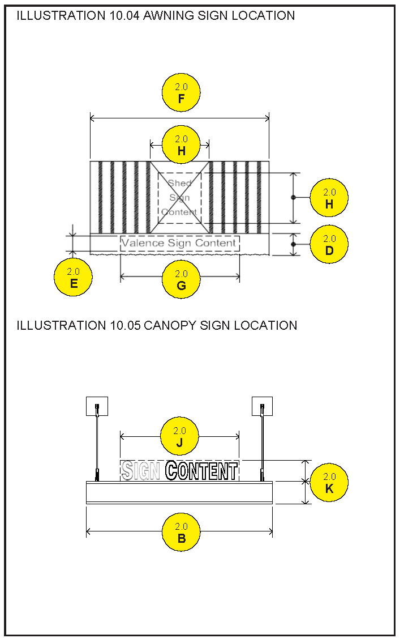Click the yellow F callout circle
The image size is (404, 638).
181,93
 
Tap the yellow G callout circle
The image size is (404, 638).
181,279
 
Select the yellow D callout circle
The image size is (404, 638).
329,244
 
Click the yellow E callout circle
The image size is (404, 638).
74,277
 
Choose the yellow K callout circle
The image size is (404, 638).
329,483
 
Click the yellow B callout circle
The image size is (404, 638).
181,532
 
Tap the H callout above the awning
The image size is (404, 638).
181,144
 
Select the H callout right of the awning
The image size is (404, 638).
329,198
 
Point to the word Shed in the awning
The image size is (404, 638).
180,183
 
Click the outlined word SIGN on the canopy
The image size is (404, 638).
140,471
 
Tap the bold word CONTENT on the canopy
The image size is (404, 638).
201,471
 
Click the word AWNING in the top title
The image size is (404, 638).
168,15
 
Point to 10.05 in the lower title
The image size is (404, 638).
124,325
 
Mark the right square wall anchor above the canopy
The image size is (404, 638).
262,406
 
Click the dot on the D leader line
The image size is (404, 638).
293,244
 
